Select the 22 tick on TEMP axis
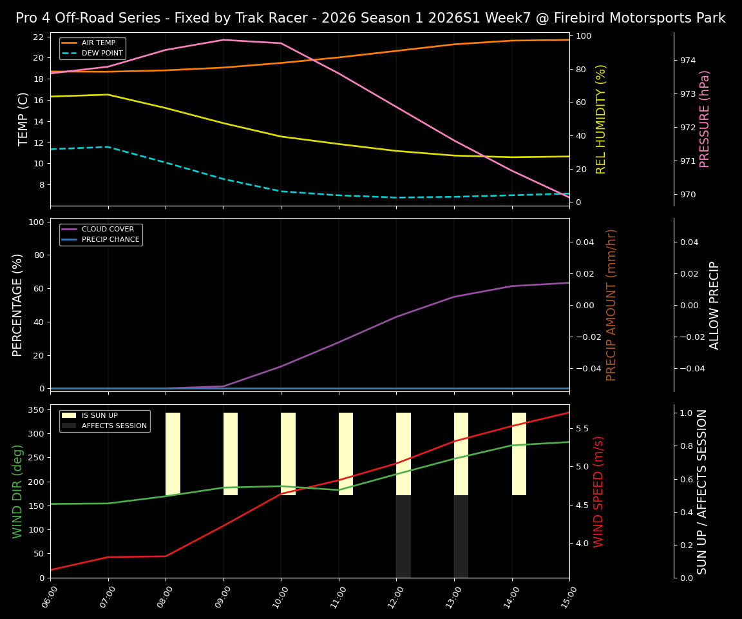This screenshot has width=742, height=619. pyautogui.click(x=38, y=37)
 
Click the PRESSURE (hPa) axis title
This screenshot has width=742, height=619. pyautogui.click(x=705, y=119)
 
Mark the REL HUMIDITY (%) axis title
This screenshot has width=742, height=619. pyautogui.click(x=602, y=119)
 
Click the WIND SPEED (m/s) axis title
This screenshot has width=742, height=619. pyautogui.click(x=599, y=491)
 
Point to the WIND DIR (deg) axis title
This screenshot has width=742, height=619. pyautogui.click(x=17, y=491)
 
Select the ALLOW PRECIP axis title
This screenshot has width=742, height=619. pyautogui.click(x=714, y=305)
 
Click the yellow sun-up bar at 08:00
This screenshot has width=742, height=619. pyautogui.click(x=173, y=454)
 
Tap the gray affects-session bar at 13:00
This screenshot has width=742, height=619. pyautogui.click(x=461, y=536)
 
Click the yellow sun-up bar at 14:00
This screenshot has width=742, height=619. pyautogui.click(x=519, y=454)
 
